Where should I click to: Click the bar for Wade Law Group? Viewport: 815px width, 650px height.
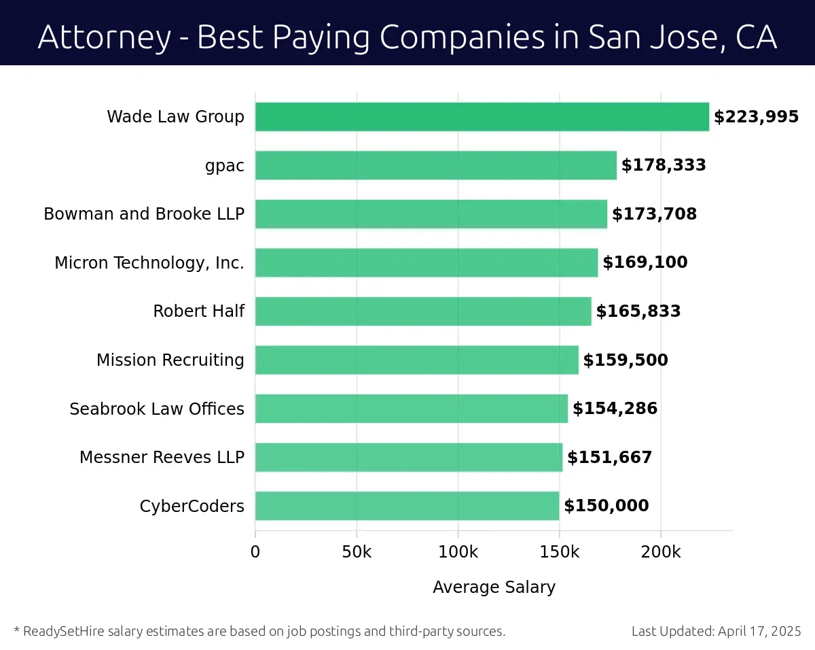point(482,117)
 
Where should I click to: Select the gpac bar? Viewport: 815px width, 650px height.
point(435,165)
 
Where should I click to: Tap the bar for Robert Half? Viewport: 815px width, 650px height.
point(422,311)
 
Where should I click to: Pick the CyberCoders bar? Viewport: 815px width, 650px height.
point(407,506)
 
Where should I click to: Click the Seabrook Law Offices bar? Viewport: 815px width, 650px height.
point(411,409)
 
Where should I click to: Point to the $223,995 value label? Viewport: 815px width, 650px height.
point(756,117)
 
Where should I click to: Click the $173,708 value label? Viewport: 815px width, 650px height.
point(654,214)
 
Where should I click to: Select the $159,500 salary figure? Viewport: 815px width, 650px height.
point(626,360)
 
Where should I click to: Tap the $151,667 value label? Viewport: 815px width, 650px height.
point(609,458)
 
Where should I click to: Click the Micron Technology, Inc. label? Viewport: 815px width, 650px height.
point(149,263)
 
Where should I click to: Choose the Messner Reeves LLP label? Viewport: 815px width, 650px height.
point(162,458)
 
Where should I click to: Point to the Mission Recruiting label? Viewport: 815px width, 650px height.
point(170,360)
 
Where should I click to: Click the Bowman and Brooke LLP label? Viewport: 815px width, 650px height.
point(144,214)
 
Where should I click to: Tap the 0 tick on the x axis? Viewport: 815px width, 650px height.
point(255,552)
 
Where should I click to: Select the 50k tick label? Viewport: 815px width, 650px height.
point(357,552)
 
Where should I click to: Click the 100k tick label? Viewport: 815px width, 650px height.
point(458,552)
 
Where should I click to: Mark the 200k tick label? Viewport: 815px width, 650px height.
point(661,552)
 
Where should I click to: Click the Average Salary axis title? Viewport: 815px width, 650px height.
point(494,587)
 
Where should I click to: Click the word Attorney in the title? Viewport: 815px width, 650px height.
point(105,37)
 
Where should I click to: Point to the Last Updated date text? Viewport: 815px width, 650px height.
point(716,632)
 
